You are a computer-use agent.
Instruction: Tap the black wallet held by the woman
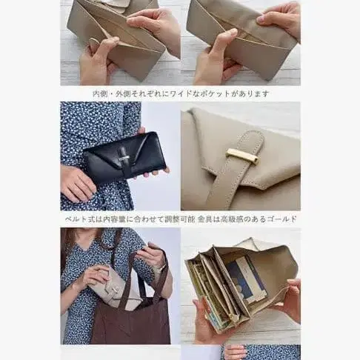122,157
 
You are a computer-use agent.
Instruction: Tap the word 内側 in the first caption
99,94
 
